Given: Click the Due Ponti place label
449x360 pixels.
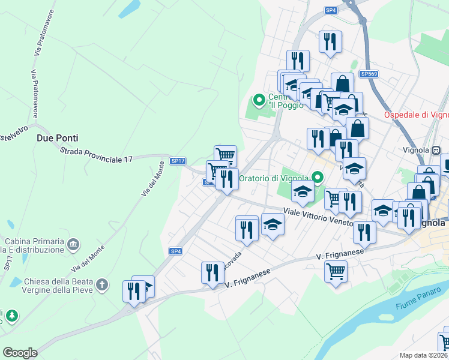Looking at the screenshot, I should click(x=58, y=137).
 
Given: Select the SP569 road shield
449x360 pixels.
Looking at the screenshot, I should click(x=369, y=74).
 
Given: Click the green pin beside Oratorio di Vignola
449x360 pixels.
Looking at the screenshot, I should click(x=318, y=177).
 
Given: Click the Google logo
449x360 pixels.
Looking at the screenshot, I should click(x=20, y=352).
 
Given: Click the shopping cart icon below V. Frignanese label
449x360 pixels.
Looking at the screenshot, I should click(x=336, y=271).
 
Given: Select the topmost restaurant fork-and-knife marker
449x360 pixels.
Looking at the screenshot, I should click(x=330, y=41).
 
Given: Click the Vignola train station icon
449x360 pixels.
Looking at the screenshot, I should click(x=437, y=150).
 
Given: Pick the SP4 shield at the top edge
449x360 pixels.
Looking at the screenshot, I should click(x=331, y=10).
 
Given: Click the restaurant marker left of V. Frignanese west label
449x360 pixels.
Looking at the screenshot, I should click(x=211, y=272).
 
